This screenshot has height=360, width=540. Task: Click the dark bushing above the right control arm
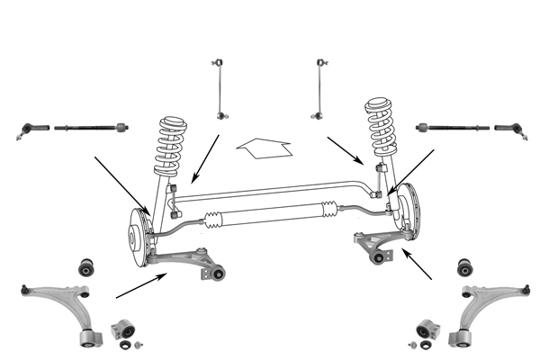464,266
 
